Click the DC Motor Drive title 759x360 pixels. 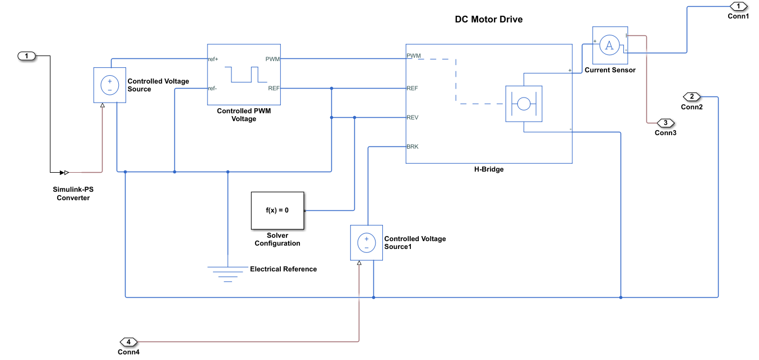point(488,19)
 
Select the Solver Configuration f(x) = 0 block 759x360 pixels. point(277,210)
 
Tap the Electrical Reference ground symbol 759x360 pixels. point(228,274)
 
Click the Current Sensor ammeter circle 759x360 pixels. point(609,45)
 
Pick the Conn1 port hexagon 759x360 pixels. point(738,6)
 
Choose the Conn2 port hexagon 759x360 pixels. point(692,96)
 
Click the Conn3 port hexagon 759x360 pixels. point(665,123)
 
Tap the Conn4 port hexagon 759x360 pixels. point(128,341)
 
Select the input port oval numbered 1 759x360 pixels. point(26,56)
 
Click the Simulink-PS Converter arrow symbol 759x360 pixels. point(64,173)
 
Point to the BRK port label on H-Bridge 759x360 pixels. point(413,146)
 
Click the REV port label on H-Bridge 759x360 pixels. point(413,117)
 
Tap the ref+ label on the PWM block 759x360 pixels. point(213,59)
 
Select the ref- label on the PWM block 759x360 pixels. point(212,89)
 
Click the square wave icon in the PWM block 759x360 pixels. point(246,75)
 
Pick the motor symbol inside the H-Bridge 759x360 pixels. point(524,104)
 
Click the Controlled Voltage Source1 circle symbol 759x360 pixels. point(366,243)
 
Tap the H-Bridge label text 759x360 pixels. point(489,169)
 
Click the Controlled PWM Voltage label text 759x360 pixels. point(244,114)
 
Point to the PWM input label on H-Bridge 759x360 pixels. point(413,56)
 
